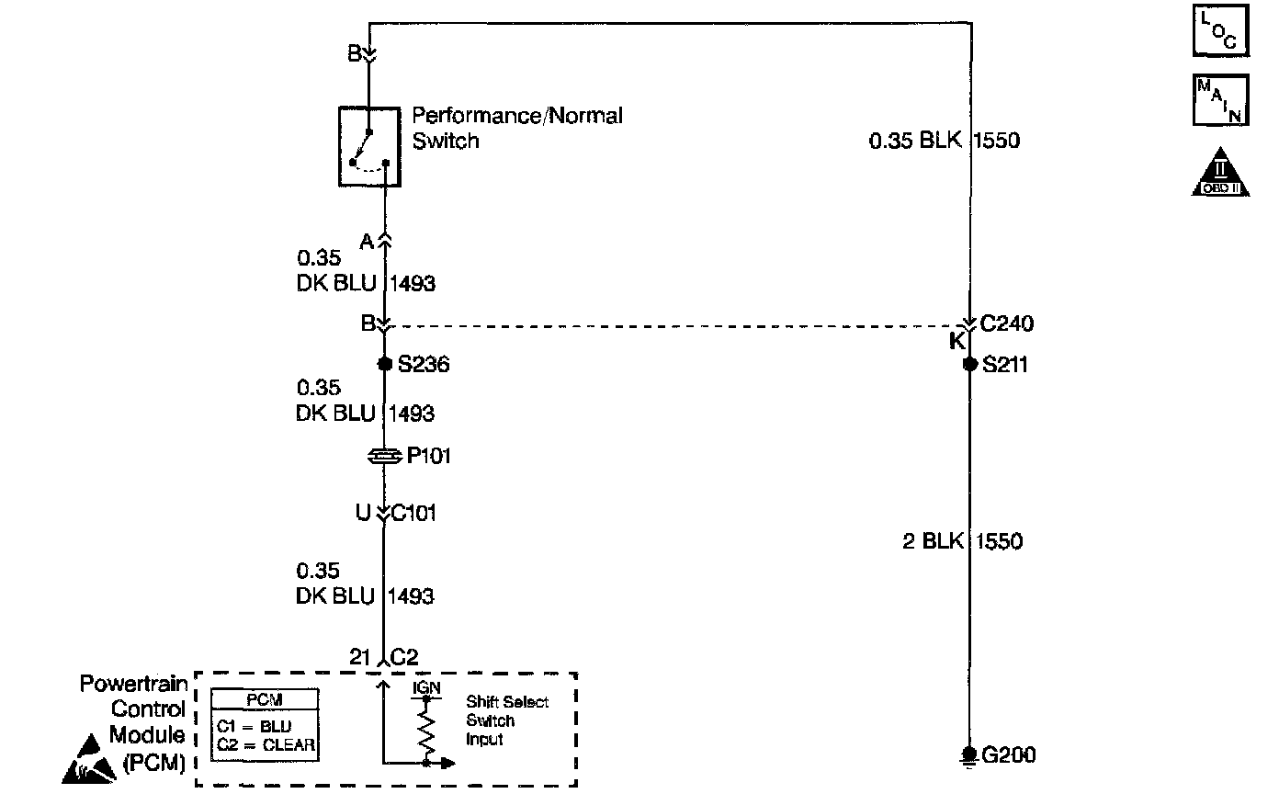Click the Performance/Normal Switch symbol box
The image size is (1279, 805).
click(x=369, y=146)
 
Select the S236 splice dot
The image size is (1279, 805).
click(x=385, y=364)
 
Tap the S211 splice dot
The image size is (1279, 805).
click(x=969, y=364)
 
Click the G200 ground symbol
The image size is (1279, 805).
click(x=968, y=754)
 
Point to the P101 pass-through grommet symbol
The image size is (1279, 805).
click(x=385, y=456)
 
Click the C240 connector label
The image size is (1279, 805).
click(x=1007, y=323)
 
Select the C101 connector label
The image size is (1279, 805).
click(x=414, y=513)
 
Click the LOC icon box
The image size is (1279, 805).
click(x=1221, y=32)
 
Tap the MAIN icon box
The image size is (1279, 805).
click(x=1221, y=100)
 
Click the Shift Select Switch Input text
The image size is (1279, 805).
click(x=506, y=720)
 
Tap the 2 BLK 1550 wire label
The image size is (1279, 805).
click(x=962, y=541)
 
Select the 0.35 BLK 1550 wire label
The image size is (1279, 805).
click(x=944, y=141)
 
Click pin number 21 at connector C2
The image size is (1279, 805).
click(x=359, y=658)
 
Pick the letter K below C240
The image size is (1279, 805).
click(x=956, y=343)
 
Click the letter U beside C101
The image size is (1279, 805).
click(x=363, y=513)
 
